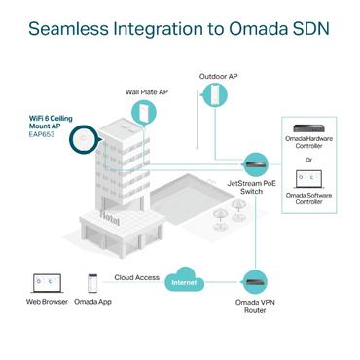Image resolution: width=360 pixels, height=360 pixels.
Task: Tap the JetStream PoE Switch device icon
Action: [x=256, y=162]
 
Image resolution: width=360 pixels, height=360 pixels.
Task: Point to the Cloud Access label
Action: [x=136, y=277]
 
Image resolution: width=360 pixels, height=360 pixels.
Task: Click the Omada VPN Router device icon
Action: [x=256, y=282]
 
